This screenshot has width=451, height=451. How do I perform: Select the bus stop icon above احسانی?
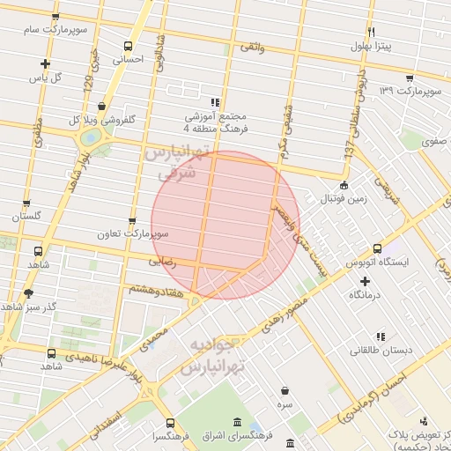point(129,46)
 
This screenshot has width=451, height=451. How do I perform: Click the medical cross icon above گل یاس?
point(45,63)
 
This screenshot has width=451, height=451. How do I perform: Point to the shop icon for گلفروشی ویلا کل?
point(103,106)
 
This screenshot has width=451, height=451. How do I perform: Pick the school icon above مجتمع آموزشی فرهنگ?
point(216,101)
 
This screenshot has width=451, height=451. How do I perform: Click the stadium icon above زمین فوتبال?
point(344,185)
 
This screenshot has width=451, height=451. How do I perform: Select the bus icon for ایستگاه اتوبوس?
point(377,248)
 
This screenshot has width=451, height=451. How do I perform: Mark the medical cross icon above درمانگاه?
point(365,280)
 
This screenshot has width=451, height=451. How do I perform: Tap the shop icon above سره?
point(285,389)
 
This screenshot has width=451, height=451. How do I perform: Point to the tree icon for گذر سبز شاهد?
point(28,292)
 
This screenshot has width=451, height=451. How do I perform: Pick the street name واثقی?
point(251,45)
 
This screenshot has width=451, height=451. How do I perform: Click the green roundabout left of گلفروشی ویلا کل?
point(90,138)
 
